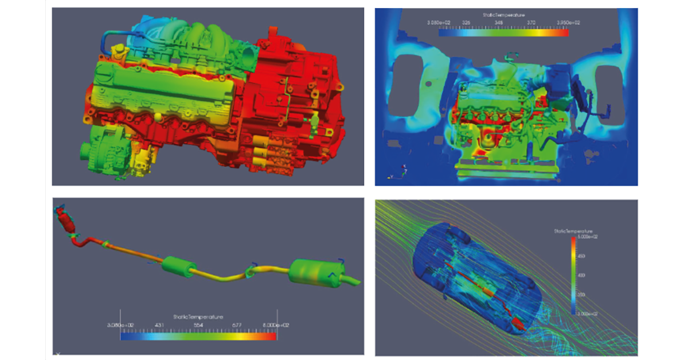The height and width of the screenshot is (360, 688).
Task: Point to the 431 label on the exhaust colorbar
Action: tap(159, 324)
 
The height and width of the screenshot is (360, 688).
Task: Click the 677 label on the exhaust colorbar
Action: tap(237, 324)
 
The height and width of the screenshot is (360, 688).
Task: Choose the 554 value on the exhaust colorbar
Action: tap(198, 324)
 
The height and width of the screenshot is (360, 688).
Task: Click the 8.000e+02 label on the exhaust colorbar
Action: tap(275, 324)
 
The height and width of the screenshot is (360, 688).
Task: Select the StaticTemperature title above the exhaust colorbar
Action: tap(198, 316)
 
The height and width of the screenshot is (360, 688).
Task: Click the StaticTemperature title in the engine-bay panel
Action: tap(503, 15)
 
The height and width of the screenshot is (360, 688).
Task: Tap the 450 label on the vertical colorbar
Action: tap(581, 256)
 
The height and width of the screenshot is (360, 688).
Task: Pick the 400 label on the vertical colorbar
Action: tap(581, 275)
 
